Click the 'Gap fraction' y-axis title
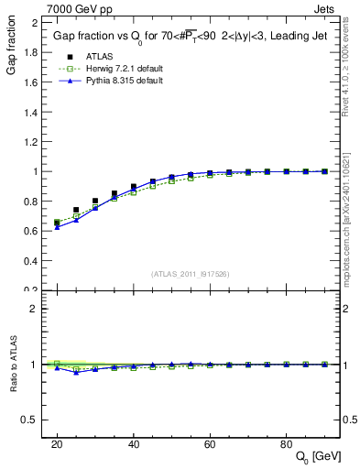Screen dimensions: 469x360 point(10,49)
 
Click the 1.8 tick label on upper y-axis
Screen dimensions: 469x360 point(30,52)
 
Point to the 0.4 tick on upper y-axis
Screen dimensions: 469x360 point(30,261)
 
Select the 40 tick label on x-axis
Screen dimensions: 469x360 point(134,443)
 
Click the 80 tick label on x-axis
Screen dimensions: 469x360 point(286,443)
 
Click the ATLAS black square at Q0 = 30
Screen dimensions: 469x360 point(95,201)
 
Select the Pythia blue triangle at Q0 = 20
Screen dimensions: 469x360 point(57,226)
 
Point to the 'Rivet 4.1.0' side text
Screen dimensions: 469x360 point(351,64)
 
